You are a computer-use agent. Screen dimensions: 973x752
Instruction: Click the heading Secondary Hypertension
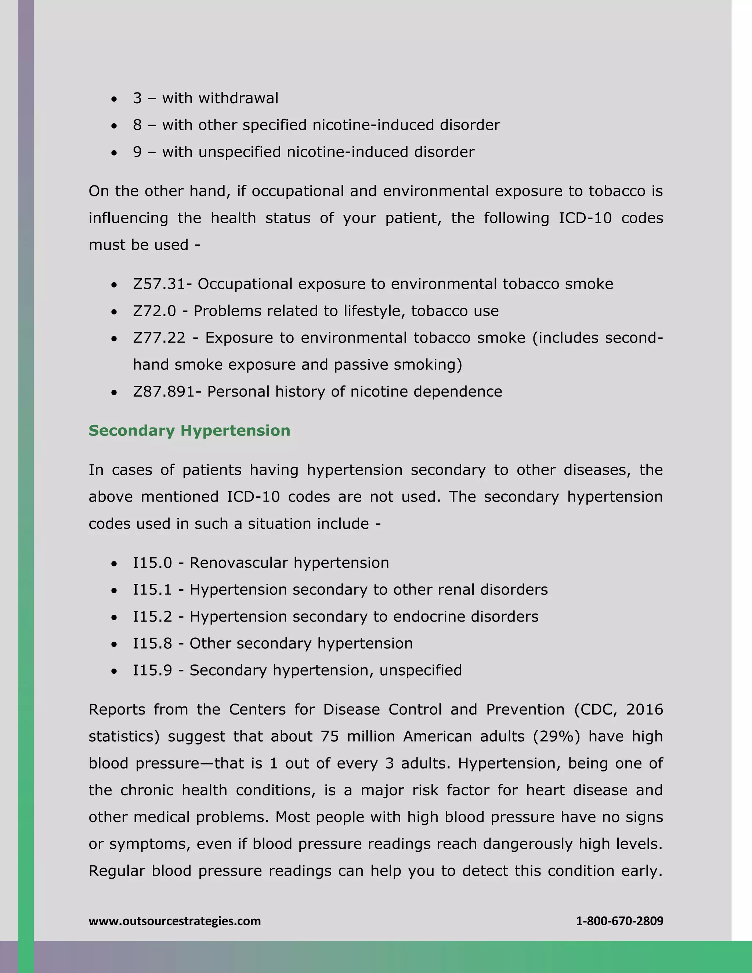[189, 431]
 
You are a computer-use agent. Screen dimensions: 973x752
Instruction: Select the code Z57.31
[158, 284]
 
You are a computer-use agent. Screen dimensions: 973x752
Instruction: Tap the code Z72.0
[154, 311]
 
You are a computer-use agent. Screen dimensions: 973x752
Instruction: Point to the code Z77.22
[159, 338]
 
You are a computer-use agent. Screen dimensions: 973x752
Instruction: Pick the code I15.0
[152, 563]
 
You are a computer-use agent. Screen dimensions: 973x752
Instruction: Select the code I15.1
[152, 589]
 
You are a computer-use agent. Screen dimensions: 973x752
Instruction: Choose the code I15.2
[152, 616]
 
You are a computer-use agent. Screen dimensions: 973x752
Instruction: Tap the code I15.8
[152, 643]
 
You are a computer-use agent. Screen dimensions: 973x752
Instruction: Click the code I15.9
[152, 670]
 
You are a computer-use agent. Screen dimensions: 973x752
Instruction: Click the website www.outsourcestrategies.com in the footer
[175, 921]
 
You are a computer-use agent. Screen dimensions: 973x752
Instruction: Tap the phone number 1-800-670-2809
[619, 921]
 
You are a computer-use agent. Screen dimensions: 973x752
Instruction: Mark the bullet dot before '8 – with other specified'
[115, 126]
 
